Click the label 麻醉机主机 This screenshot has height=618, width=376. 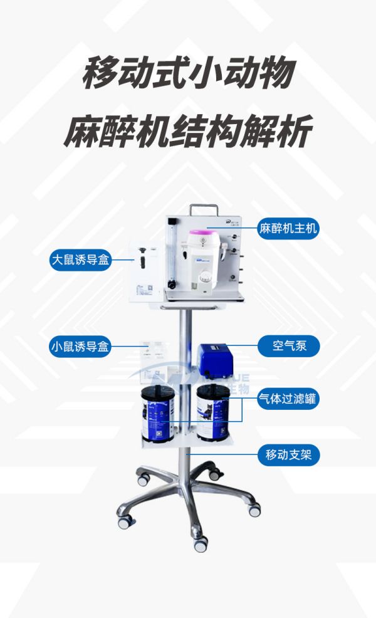[288, 228]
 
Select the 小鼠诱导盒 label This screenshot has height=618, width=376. [80, 345]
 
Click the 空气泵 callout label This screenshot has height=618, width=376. [289, 345]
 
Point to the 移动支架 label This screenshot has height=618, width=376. [288, 454]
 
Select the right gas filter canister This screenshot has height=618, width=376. [212, 413]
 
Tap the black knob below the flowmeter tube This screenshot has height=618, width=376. [170, 285]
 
